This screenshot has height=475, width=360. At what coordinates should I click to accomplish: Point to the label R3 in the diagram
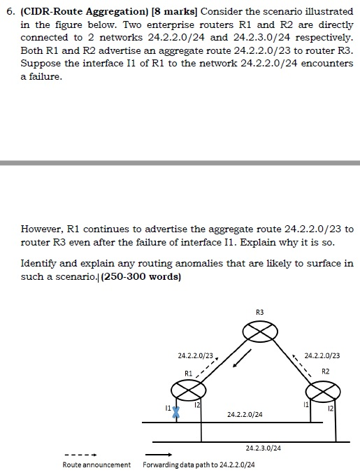pos(260,311)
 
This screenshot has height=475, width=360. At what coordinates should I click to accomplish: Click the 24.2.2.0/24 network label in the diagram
pos(245,415)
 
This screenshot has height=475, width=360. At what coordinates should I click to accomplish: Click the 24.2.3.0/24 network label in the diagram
pos(264,447)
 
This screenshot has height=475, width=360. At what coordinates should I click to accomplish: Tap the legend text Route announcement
pos(96,465)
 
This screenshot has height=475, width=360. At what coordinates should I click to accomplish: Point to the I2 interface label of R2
pos(330,407)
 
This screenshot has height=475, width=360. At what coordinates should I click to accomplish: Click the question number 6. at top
pos(10,13)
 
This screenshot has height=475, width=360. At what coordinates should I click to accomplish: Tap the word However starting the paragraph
pos(41,229)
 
